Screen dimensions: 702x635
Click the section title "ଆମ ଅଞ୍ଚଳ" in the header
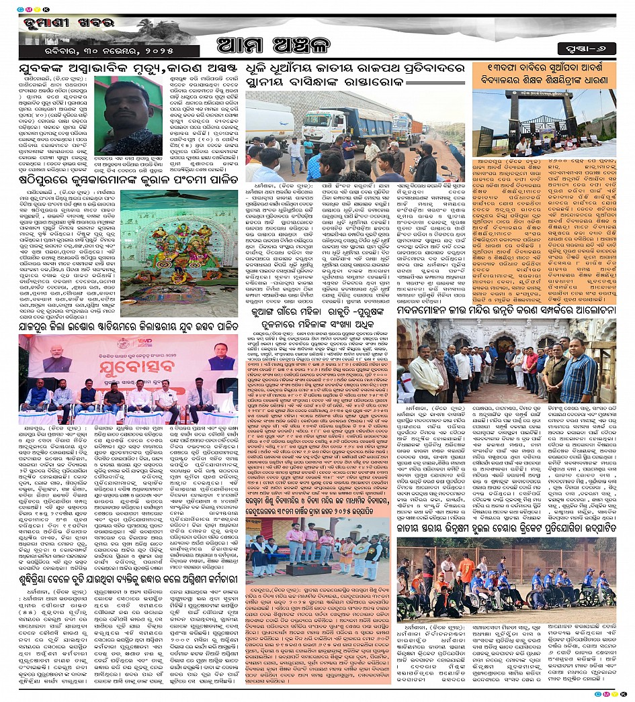[316, 48]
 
